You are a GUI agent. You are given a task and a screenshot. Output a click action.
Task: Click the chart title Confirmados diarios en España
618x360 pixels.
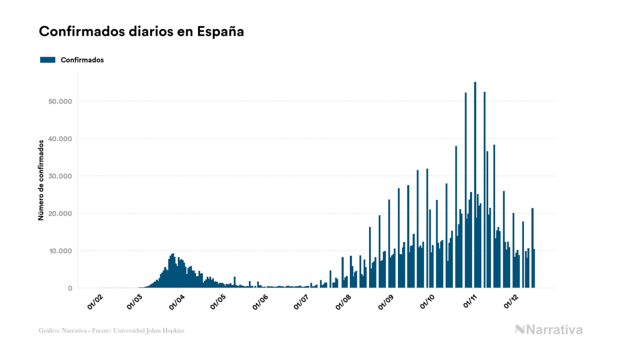pyautogui.click(x=142, y=32)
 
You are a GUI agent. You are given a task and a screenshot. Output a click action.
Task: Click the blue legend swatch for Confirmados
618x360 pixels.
pyautogui.click(x=48, y=60)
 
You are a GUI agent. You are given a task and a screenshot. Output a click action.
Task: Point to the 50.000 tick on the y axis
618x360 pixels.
pyautogui.click(x=60, y=101)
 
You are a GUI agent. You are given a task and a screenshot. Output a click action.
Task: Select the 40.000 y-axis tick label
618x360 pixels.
pyautogui.click(x=60, y=139)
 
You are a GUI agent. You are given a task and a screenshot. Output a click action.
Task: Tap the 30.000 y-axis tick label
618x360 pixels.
pyautogui.click(x=60, y=176)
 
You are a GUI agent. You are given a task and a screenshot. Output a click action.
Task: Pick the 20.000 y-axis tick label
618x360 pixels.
pyautogui.click(x=60, y=214)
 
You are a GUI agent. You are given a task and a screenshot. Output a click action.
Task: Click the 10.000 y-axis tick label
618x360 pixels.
pyautogui.click(x=60, y=251)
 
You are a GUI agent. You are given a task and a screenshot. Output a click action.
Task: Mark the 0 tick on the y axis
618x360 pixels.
pyautogui.click(x=69, y=288)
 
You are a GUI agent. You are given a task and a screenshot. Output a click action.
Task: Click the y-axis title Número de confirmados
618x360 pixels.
pyautogui.click(x=41, y=180)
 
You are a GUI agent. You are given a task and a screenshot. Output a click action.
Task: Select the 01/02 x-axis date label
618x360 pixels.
pyautogui.click(x=95, y=302)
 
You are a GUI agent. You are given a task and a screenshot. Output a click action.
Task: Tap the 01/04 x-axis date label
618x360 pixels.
pyautogui.click(x=177, y=302)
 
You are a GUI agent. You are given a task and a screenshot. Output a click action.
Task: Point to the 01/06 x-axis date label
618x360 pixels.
pyautogui.click(x=260, y=302)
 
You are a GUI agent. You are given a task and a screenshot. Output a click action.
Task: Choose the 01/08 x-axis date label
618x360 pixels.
pyautogui.click(x=343, y=302)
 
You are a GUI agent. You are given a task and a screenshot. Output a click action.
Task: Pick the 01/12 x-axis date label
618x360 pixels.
pyautogui.click(x=511, y=302)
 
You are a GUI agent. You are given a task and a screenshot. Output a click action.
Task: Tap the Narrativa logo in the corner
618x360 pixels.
pyautogui.click(x=549, y=330)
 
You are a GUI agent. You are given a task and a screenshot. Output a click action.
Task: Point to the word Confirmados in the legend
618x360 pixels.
pyautogui.click(x=82, y=60)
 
